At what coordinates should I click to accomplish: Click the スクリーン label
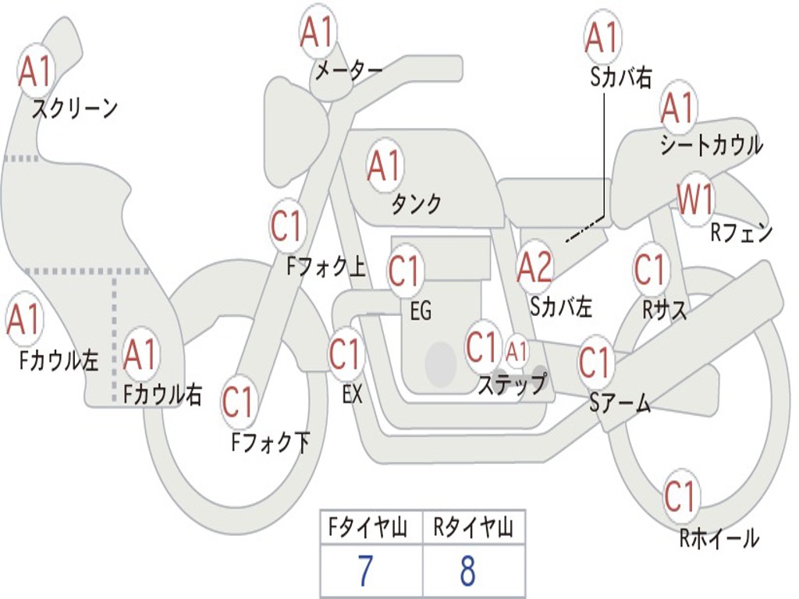click(x=74, y=108)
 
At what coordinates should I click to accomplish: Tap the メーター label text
click(x=348, y=71)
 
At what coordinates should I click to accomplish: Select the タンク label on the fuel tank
click(x=416, y=204)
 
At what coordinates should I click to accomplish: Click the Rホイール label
click(x=719, y=538)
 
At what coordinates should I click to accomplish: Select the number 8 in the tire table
click(x=467, y=572)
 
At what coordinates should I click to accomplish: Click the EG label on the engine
click(x=421, y=312)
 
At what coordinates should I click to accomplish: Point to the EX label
click(x=352, y=395)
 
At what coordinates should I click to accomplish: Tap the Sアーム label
click(x=620, y=403)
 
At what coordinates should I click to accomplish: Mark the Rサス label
click(x=665, y=310)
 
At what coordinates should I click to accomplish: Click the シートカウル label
click(x=711, y=146)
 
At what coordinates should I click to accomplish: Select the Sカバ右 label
click(x=620, y=78)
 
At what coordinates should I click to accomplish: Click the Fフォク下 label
click(x=270, y=443)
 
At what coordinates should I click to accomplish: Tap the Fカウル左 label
click(x=59, y=360)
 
